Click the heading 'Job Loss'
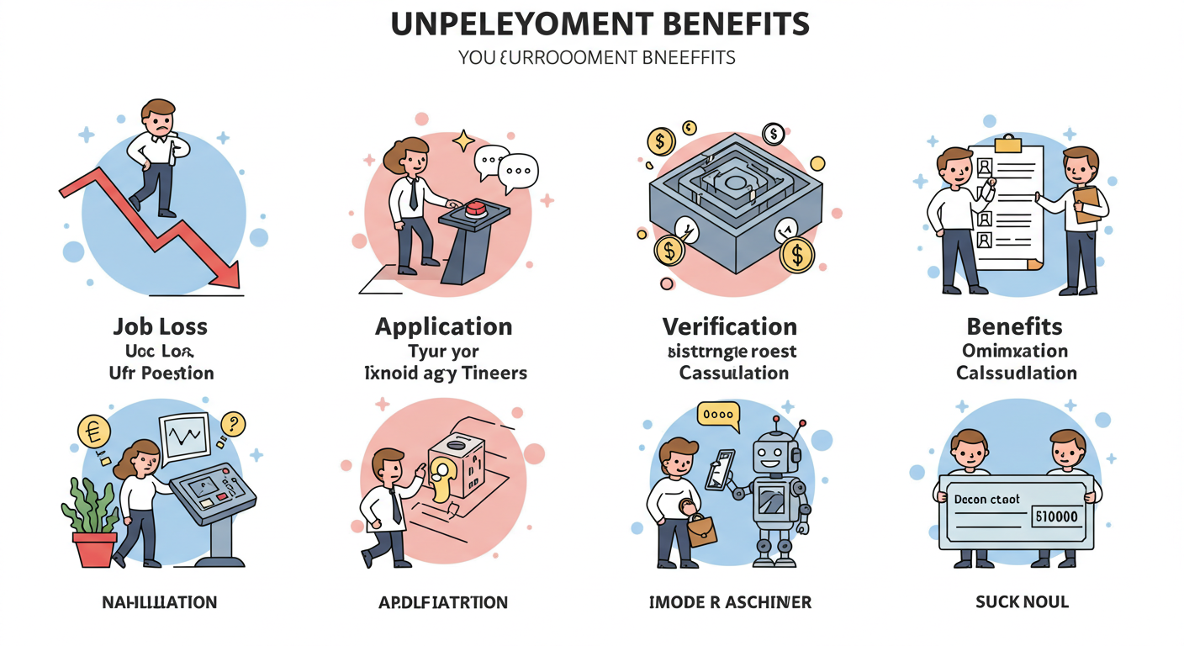click(x=160, y=326)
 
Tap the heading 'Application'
click(x=443, y=326)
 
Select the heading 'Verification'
click(x=729, y=326)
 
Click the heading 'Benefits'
click(x=1014, y=326)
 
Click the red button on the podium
click(x=476, y=208)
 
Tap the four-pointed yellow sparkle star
click(x=463, y=140)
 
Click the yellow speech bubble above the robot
click(x=717, y=415)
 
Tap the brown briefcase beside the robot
click(x=701, y=528)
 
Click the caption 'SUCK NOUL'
click(x=1021, y=601)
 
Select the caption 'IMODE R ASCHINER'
click(x=729, y=601)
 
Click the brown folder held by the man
click(x=1086, y=204)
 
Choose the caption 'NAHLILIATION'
click(x=159, y=602)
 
